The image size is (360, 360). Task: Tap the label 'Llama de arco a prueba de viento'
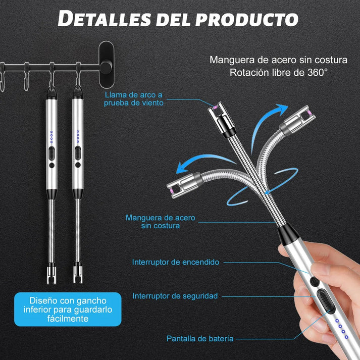click(134, 98)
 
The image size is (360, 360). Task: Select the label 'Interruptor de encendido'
click(176, 262)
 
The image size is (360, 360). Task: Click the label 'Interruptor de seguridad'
click(175, 295)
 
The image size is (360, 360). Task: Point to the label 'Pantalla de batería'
click(200, 338)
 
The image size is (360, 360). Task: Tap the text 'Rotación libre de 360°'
click(279, 72)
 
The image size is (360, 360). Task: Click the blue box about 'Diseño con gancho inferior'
click(68, 309)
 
